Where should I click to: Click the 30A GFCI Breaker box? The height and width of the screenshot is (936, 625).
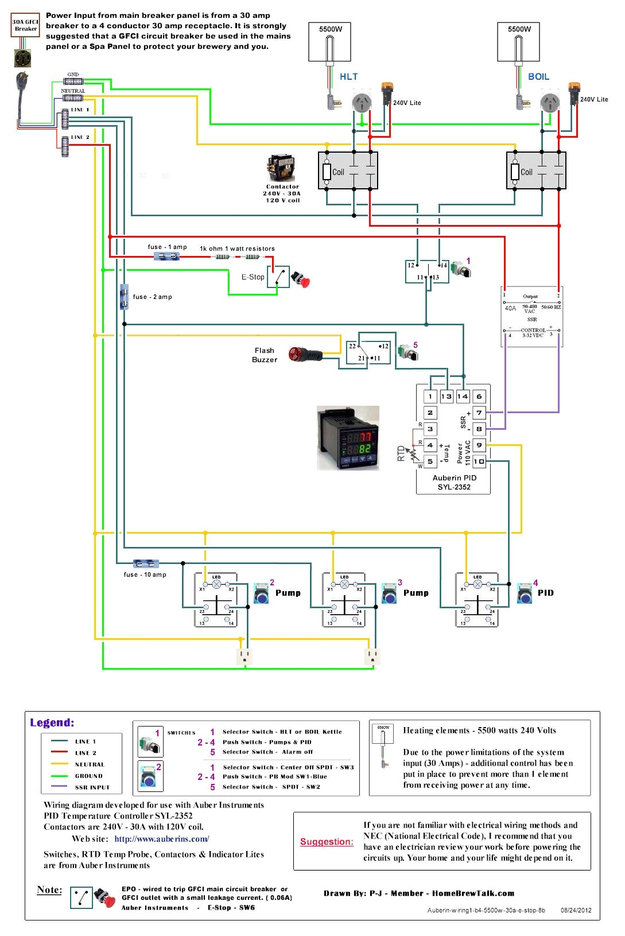(25, 25)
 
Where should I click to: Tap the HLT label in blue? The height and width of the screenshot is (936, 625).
(348, 76)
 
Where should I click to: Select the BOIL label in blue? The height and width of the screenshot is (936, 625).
(538, 76)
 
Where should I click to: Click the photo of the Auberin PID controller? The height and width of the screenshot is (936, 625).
(348, 438)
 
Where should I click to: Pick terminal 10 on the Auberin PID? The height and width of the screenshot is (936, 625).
(479, 461)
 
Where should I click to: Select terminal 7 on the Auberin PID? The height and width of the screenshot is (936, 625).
(479, 413)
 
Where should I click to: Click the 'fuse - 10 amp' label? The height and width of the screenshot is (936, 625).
(145, 574)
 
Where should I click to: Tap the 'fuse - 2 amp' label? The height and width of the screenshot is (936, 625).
(152, 297)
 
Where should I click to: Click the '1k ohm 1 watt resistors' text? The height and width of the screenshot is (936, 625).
(237, 248)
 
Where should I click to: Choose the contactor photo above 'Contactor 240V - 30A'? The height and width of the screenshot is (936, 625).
(282, 168)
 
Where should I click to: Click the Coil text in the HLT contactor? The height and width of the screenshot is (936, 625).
(338, 172)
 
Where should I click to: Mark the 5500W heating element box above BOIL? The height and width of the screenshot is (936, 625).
(519, 41)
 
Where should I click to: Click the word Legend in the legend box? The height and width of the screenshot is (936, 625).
(52, 723)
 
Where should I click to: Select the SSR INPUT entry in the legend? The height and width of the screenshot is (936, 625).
(92, 787)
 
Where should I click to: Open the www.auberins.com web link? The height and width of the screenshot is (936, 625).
(161, 838)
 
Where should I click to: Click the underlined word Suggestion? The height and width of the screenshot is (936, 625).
(327, 841)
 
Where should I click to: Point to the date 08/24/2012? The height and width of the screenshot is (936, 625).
(576, 910)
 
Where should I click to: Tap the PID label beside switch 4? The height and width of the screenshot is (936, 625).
(545, 593)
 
